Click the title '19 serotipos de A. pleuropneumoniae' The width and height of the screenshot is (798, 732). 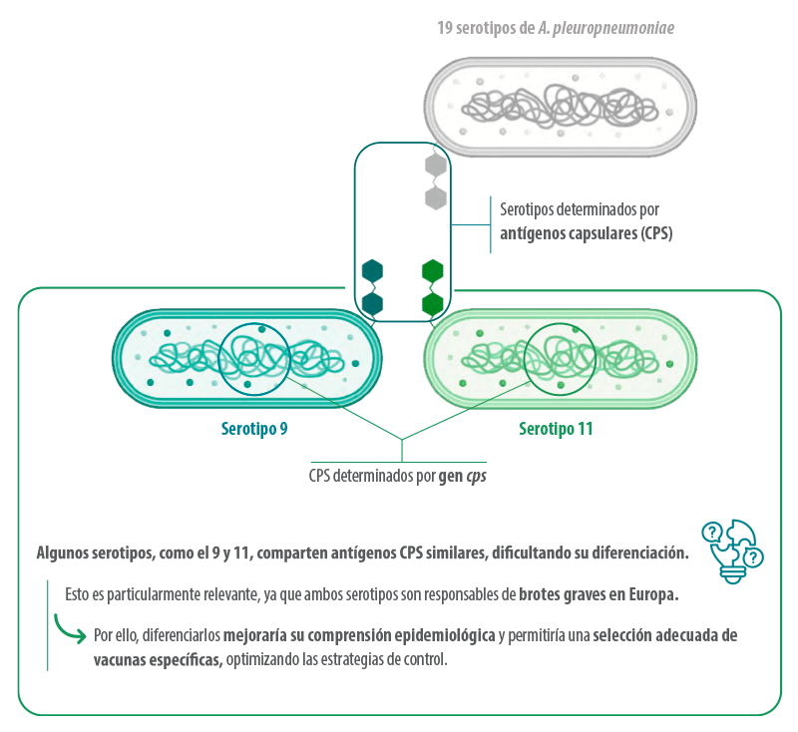pos(554,29)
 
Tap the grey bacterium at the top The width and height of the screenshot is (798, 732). pos(561,107)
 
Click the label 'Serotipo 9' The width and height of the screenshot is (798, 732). pos(254,430)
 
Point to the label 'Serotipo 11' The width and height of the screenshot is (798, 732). pos(556,430)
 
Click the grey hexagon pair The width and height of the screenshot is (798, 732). pos(436,182)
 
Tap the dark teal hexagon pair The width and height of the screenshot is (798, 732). pos(372,286)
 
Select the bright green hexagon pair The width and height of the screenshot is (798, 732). pos(433,286)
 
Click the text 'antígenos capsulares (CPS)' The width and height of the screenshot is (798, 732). pos(587,234)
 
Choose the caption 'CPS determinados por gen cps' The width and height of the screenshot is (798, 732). pos(397,476)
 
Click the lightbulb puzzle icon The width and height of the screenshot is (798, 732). pos(732,546)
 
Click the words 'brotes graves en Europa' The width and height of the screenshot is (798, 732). pos(598,595)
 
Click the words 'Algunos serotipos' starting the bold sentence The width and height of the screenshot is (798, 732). pos(93,552)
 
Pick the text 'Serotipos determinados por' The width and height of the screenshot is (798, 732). pos(579,210)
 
